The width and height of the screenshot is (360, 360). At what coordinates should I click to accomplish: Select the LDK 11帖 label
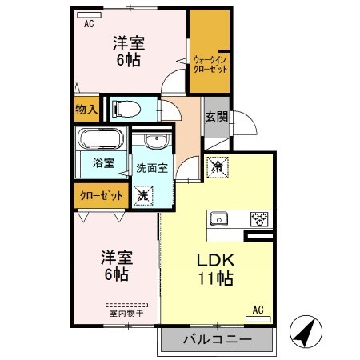(x=215, y=270)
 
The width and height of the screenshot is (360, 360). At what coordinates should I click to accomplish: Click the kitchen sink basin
(x=219, y=218)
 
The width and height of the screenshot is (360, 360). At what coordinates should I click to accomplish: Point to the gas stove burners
(x=260, y=218)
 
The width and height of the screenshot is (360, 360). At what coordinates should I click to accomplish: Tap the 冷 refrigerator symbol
(x=216, y=167)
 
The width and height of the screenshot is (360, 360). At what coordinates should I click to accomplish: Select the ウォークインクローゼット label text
(x=210, y=64)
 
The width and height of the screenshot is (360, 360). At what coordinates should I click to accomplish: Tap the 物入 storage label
(x=86, y=110)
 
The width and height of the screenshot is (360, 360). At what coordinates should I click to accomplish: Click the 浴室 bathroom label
(x=103, y=163)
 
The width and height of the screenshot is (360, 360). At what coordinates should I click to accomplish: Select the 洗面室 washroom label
(x=151, y=168)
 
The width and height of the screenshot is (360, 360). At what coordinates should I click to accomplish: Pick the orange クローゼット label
(x=100, y=194)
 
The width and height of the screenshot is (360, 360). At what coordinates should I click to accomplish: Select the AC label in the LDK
(x=258, y=309)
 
